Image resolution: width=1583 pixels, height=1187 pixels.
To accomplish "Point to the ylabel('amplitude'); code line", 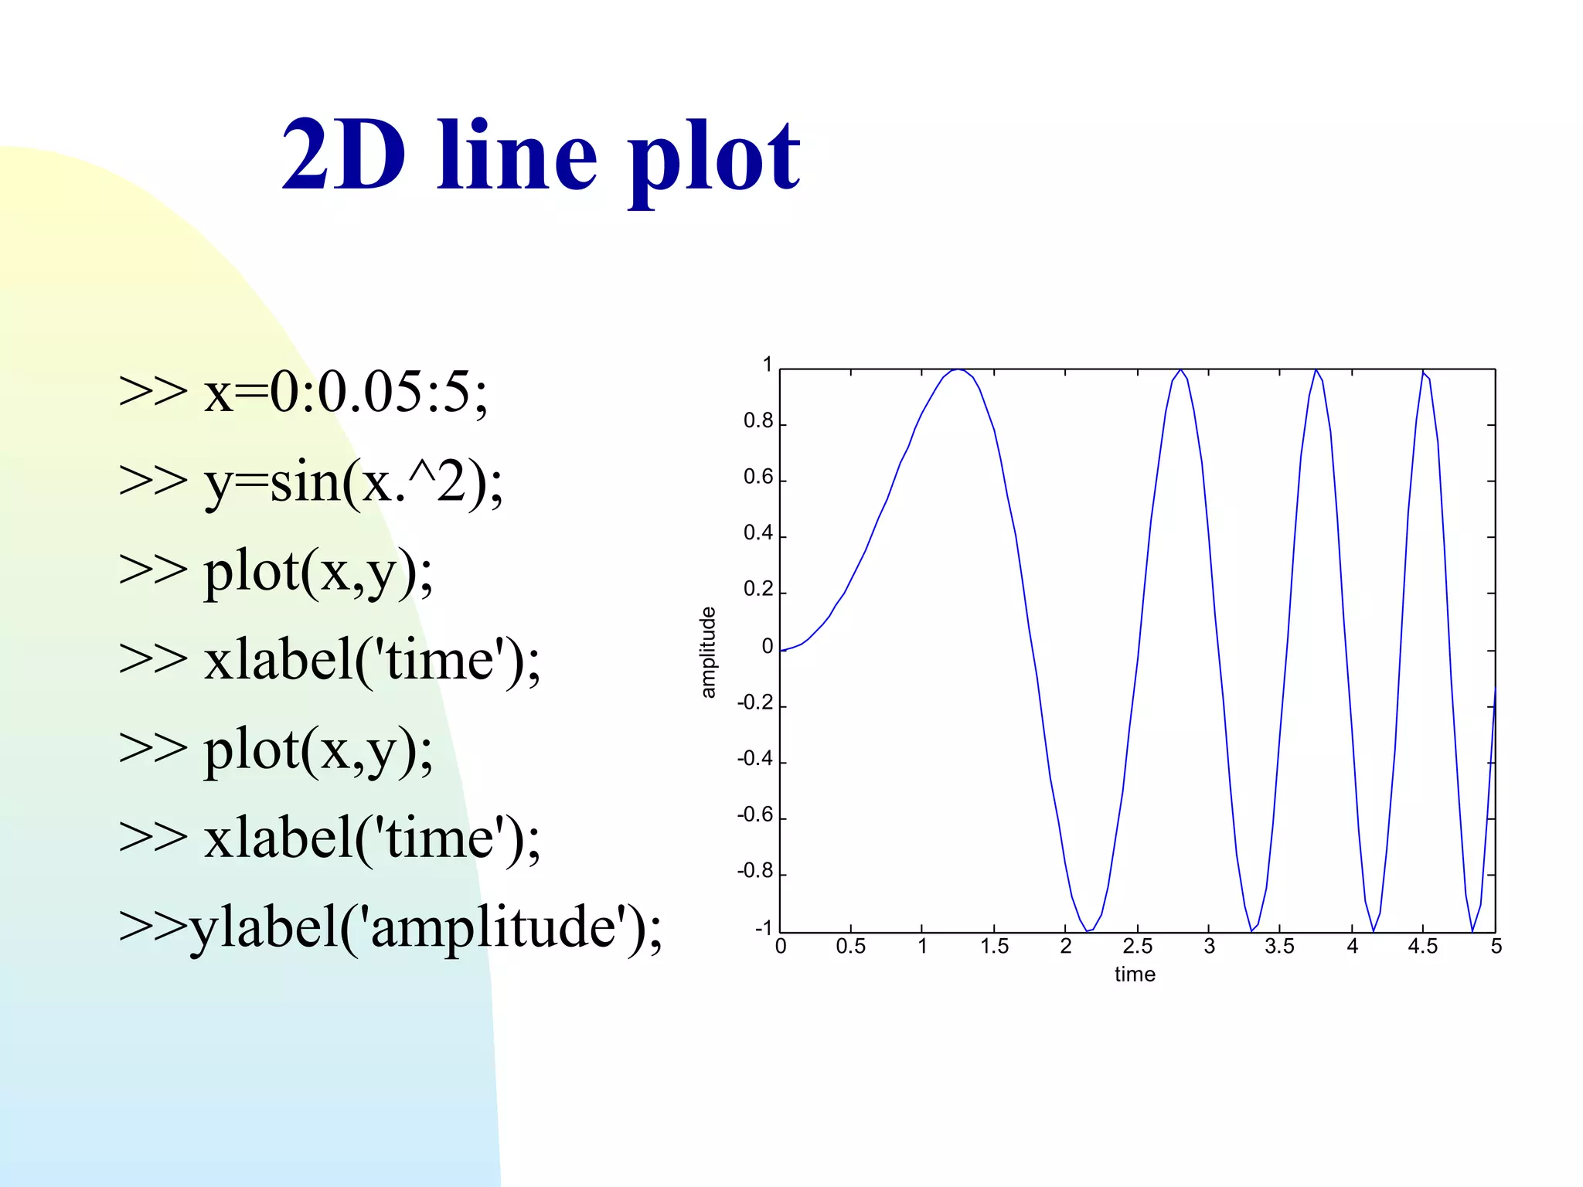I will point(390,927).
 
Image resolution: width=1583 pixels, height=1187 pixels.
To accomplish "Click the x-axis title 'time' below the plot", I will point(1135,974).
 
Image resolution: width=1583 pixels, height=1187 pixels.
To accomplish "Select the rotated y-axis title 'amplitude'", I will point(707,652).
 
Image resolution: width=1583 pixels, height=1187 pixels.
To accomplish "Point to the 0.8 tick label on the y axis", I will point(757,421).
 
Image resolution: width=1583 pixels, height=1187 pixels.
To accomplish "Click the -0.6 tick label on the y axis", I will point(754,815).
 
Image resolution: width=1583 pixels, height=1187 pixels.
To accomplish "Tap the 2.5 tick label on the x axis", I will point(1137,947).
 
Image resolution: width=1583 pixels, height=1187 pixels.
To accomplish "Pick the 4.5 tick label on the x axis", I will point(1422,947).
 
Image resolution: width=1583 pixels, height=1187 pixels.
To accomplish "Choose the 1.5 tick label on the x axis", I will point(994,947).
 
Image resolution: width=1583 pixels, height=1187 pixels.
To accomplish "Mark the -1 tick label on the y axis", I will point(763,928).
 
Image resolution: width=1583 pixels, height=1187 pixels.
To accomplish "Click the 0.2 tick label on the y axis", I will point(757,590).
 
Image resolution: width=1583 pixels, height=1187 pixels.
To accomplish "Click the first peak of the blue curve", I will point(958,369).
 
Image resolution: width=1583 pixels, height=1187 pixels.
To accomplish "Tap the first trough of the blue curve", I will point(1088,931).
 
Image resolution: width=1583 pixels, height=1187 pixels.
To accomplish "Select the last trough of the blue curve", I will point(1472,931).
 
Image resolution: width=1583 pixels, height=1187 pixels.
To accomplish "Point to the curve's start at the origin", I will point(781,651).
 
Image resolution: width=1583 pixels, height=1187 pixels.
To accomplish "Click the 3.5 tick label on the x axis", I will point(1279,947).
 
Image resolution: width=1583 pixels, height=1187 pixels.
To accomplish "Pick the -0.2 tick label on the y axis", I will point(754,702).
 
